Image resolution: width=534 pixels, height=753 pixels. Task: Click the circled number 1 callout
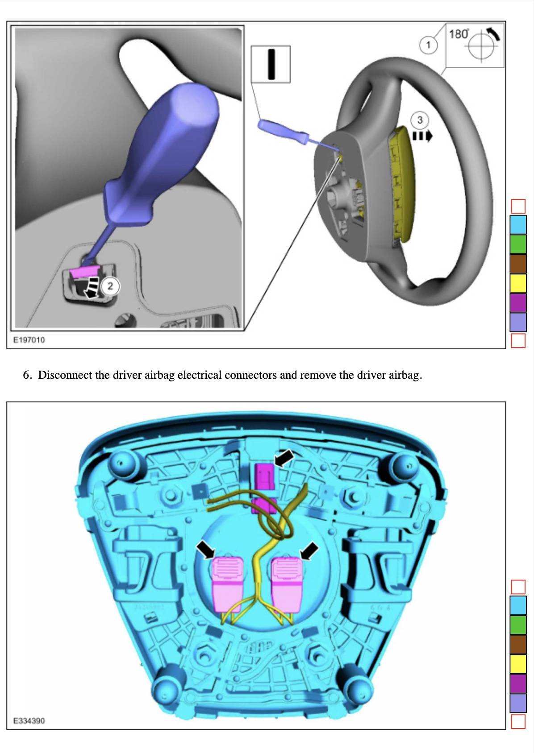[x=428, y=45]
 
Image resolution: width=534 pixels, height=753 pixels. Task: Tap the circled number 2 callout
[x=110, y=286]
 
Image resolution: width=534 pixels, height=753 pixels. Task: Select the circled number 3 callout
[x=419, y=120]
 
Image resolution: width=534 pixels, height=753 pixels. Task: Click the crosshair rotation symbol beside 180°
[x=482, y=46]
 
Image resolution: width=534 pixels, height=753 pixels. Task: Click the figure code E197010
[x=29, y=340]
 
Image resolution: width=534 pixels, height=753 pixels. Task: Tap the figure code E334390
[x=29, y=720]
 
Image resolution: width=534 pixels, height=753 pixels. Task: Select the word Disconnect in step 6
[x=67, y=375]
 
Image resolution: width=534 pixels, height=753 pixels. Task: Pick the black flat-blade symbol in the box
[x=271, y=64]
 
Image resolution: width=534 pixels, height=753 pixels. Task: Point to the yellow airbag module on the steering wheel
[x=402, y=183]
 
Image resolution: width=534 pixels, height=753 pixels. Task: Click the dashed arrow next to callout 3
[x=422, y=135]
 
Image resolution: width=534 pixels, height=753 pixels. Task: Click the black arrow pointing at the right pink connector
[x=309, y=551]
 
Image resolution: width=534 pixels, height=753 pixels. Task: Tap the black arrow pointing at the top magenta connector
[x=284, y=458]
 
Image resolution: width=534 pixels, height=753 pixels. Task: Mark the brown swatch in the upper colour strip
[x=518, y=263]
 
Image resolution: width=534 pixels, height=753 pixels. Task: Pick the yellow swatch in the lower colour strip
[x=518, y=664]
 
